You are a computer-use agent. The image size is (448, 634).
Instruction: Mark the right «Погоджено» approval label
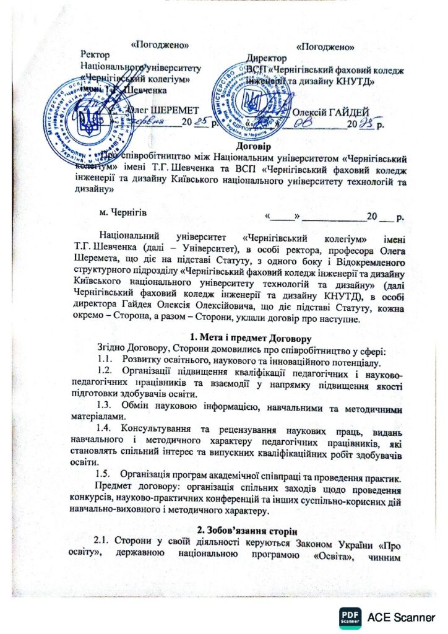tap(325, 46)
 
